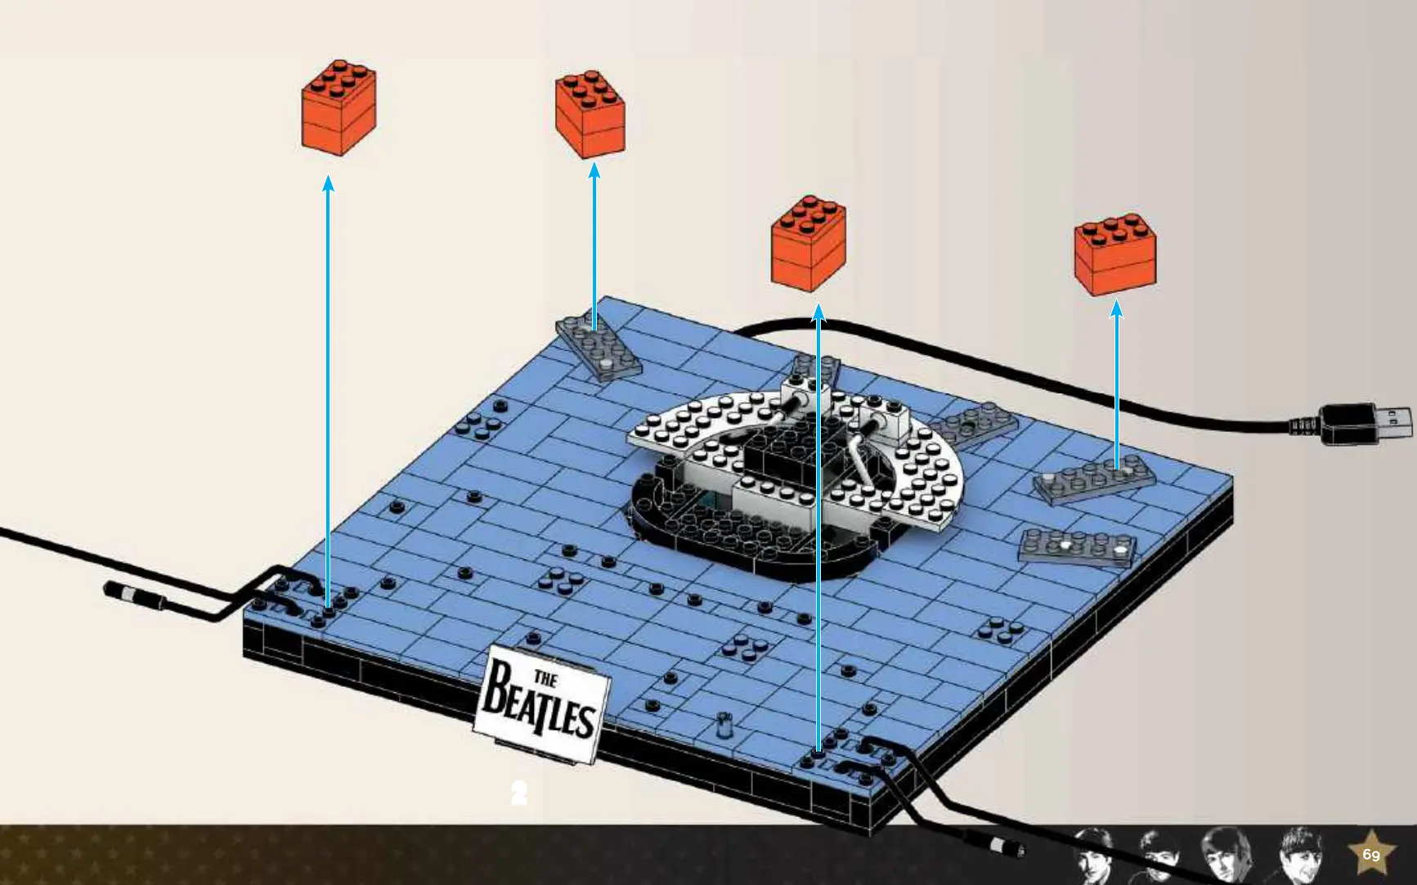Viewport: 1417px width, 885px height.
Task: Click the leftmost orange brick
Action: (339, 106)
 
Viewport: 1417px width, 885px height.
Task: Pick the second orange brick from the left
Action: (590, 115)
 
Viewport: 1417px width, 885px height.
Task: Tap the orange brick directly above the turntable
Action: (809, 243)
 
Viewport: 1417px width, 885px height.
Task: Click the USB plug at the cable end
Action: (1366, 423)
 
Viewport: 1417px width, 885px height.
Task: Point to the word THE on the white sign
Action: (545, 678)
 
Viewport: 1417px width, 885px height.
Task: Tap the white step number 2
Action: (519, 793)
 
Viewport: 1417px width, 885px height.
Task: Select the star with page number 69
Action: (1371, 855)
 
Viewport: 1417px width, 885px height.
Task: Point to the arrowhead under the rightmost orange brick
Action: (1117, 308)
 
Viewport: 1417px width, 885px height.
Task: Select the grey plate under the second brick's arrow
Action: (599, 349)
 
